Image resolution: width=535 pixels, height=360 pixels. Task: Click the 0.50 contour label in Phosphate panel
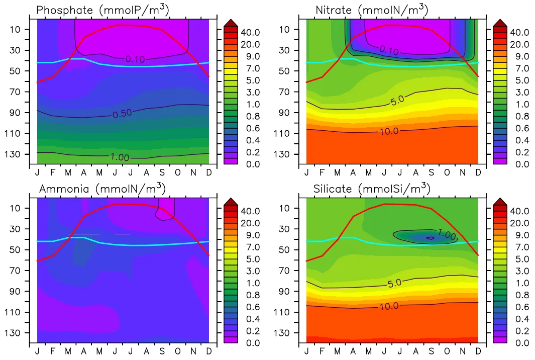coord(122,114)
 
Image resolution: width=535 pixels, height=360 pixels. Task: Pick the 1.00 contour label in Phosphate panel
coord(120,157)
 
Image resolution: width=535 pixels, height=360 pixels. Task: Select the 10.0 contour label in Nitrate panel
coord(389,131)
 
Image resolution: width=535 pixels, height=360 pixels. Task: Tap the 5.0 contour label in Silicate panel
coord(394,283)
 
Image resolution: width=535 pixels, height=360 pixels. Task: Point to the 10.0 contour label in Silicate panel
coord(389,306)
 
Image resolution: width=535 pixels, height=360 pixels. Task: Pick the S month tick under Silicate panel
coord(431,350)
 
